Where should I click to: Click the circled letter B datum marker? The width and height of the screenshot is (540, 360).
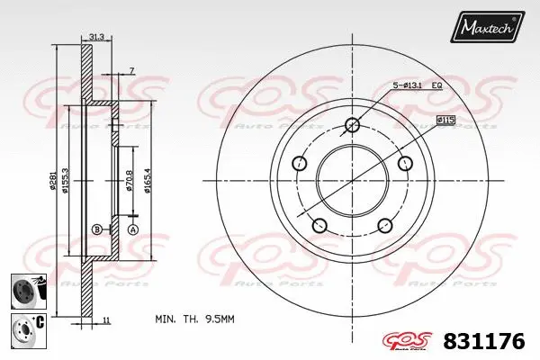pos(96,230)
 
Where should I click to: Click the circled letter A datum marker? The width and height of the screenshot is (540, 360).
pos(132,230)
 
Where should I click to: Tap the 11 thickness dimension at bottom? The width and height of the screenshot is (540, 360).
pos(105,320)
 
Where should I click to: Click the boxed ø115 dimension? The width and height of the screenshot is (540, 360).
pos(445,119)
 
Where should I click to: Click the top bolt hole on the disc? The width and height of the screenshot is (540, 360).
pos(352,125)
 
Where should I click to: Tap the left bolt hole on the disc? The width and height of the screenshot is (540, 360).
pos(300,164)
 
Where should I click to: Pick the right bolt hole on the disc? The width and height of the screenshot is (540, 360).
pos(404,164)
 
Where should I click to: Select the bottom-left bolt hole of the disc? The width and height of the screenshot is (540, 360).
pos(319,225)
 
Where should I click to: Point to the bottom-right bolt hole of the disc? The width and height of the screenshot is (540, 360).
pos(384,225)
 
